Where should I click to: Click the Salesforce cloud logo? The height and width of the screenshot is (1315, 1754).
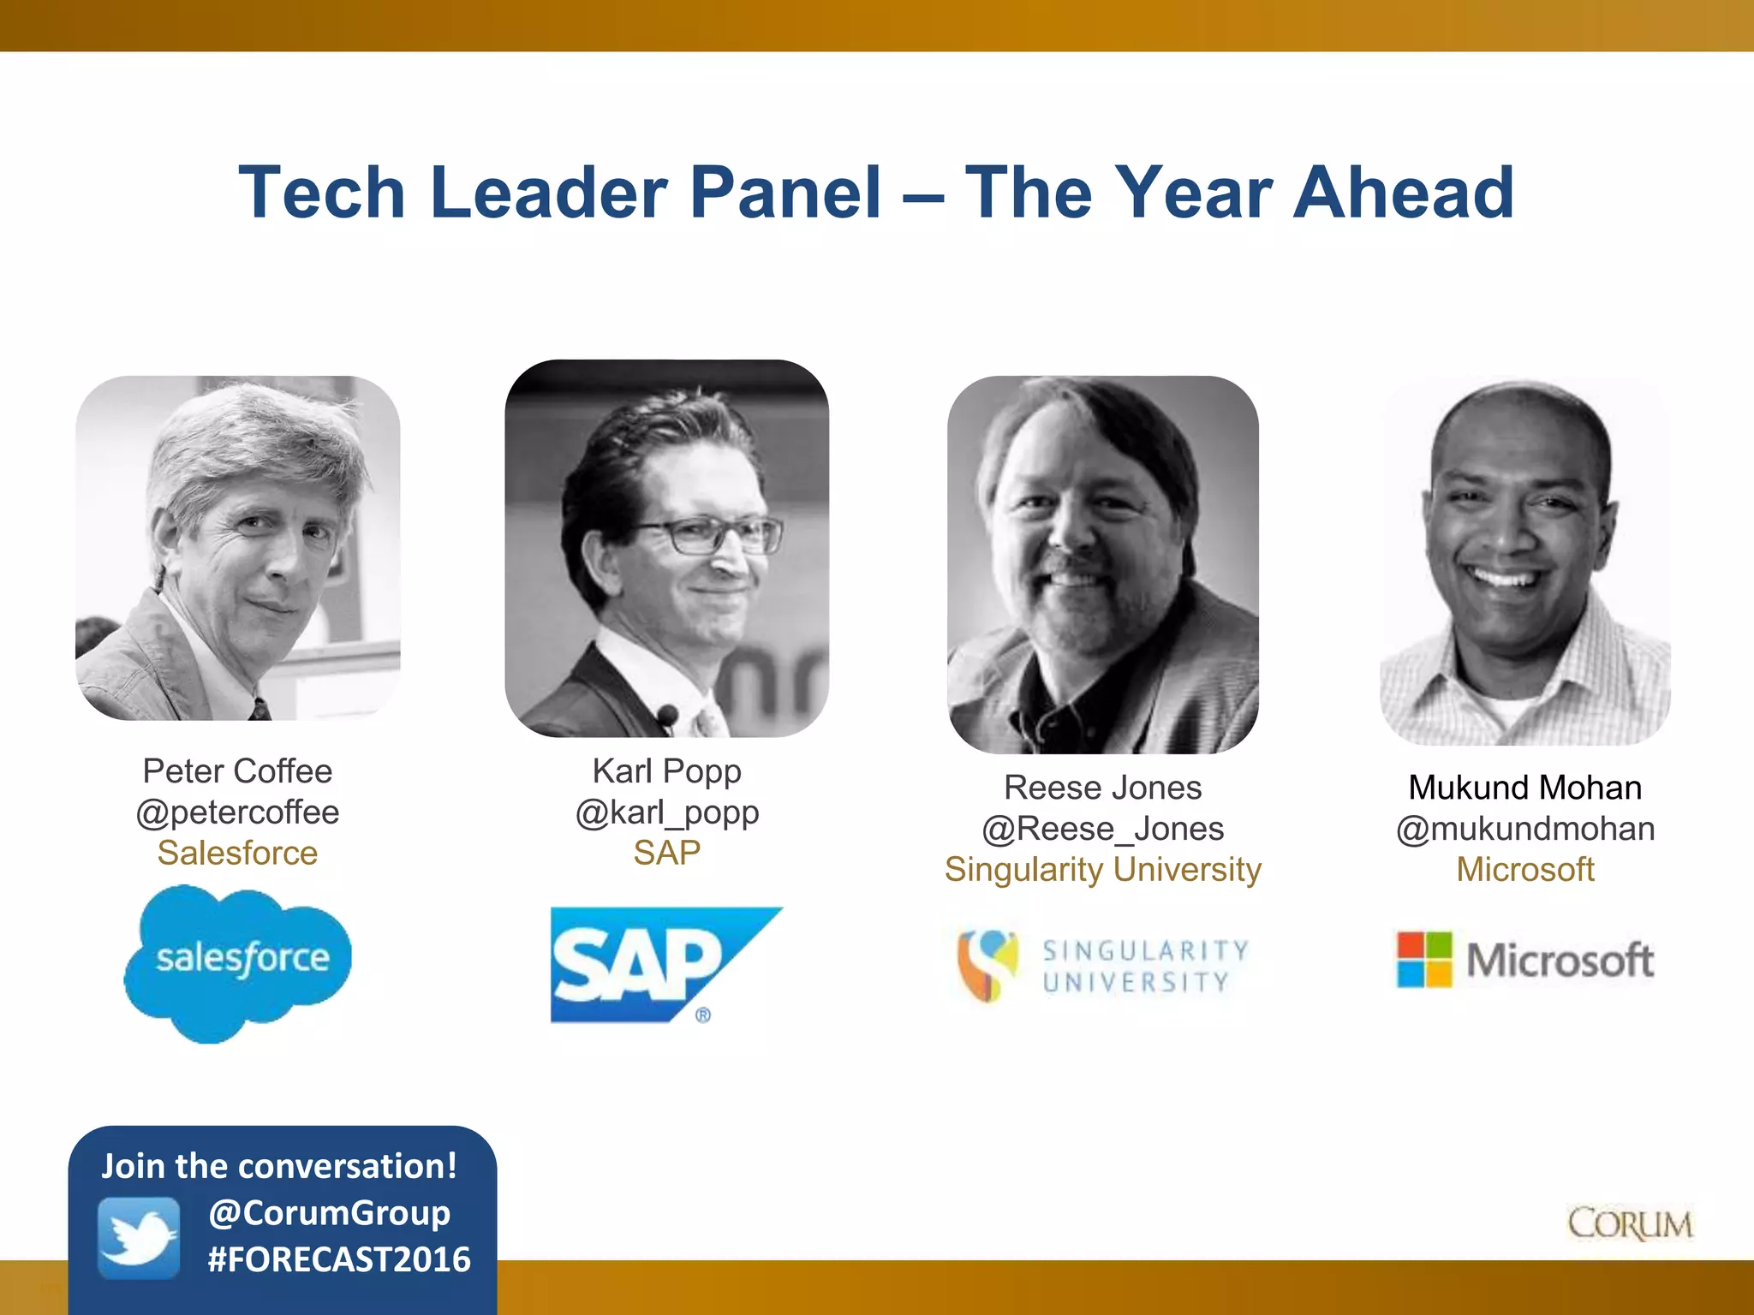tap(238, 962)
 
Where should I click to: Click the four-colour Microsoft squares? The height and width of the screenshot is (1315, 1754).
tap(1424, 960)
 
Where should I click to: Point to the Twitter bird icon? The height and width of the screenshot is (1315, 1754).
tap(139, 1238)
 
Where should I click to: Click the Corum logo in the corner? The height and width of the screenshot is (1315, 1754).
tap(1630, 1224)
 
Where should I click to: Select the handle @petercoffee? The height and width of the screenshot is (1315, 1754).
tap(237, 812)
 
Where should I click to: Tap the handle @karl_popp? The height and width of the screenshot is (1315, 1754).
tap(667, 812)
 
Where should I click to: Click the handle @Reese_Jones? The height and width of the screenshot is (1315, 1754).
tap(1102, 829)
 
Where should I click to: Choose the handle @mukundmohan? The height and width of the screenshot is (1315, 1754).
tap(1525, 829)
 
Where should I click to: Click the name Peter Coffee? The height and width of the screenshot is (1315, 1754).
tap(237, 771)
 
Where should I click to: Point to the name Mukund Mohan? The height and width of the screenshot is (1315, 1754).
tap(1525, 788)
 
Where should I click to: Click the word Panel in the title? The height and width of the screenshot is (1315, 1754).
tap(785, 193)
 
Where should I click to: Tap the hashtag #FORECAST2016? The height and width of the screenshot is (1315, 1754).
tap(339, 1259)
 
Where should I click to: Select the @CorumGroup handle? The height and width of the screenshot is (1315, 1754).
tap(330, 1213)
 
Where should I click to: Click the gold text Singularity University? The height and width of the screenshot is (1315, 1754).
tap(1102, 870)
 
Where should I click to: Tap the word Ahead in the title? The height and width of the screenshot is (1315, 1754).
tap(1404, 193)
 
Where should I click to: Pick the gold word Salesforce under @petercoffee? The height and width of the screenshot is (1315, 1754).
tap(237, 853)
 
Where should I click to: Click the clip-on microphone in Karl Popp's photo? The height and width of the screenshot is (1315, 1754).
tap(667, 715)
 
